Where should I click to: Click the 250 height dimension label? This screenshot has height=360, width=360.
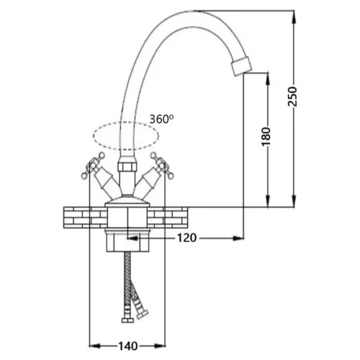point(292,96)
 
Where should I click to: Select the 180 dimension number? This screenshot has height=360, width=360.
point(266,137)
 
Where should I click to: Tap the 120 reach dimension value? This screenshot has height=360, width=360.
point(186,238)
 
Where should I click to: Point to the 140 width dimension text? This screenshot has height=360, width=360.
point(128,346)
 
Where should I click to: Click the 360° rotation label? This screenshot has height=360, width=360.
point(161,119)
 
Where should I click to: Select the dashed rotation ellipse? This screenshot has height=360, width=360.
point(126,122)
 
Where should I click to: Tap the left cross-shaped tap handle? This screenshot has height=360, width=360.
point(92,166)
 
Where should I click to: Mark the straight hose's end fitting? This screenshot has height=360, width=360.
point(127,320)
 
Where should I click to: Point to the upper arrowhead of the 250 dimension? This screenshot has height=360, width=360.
point(294,17)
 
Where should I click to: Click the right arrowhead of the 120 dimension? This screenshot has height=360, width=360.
point(238,238)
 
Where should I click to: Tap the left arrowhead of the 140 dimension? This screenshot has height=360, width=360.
point(94,346)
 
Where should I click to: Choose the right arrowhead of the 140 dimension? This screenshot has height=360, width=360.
point(160,346)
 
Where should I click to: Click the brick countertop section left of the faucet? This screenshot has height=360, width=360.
point(85,217)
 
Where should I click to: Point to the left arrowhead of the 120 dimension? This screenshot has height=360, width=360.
point(132,238)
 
